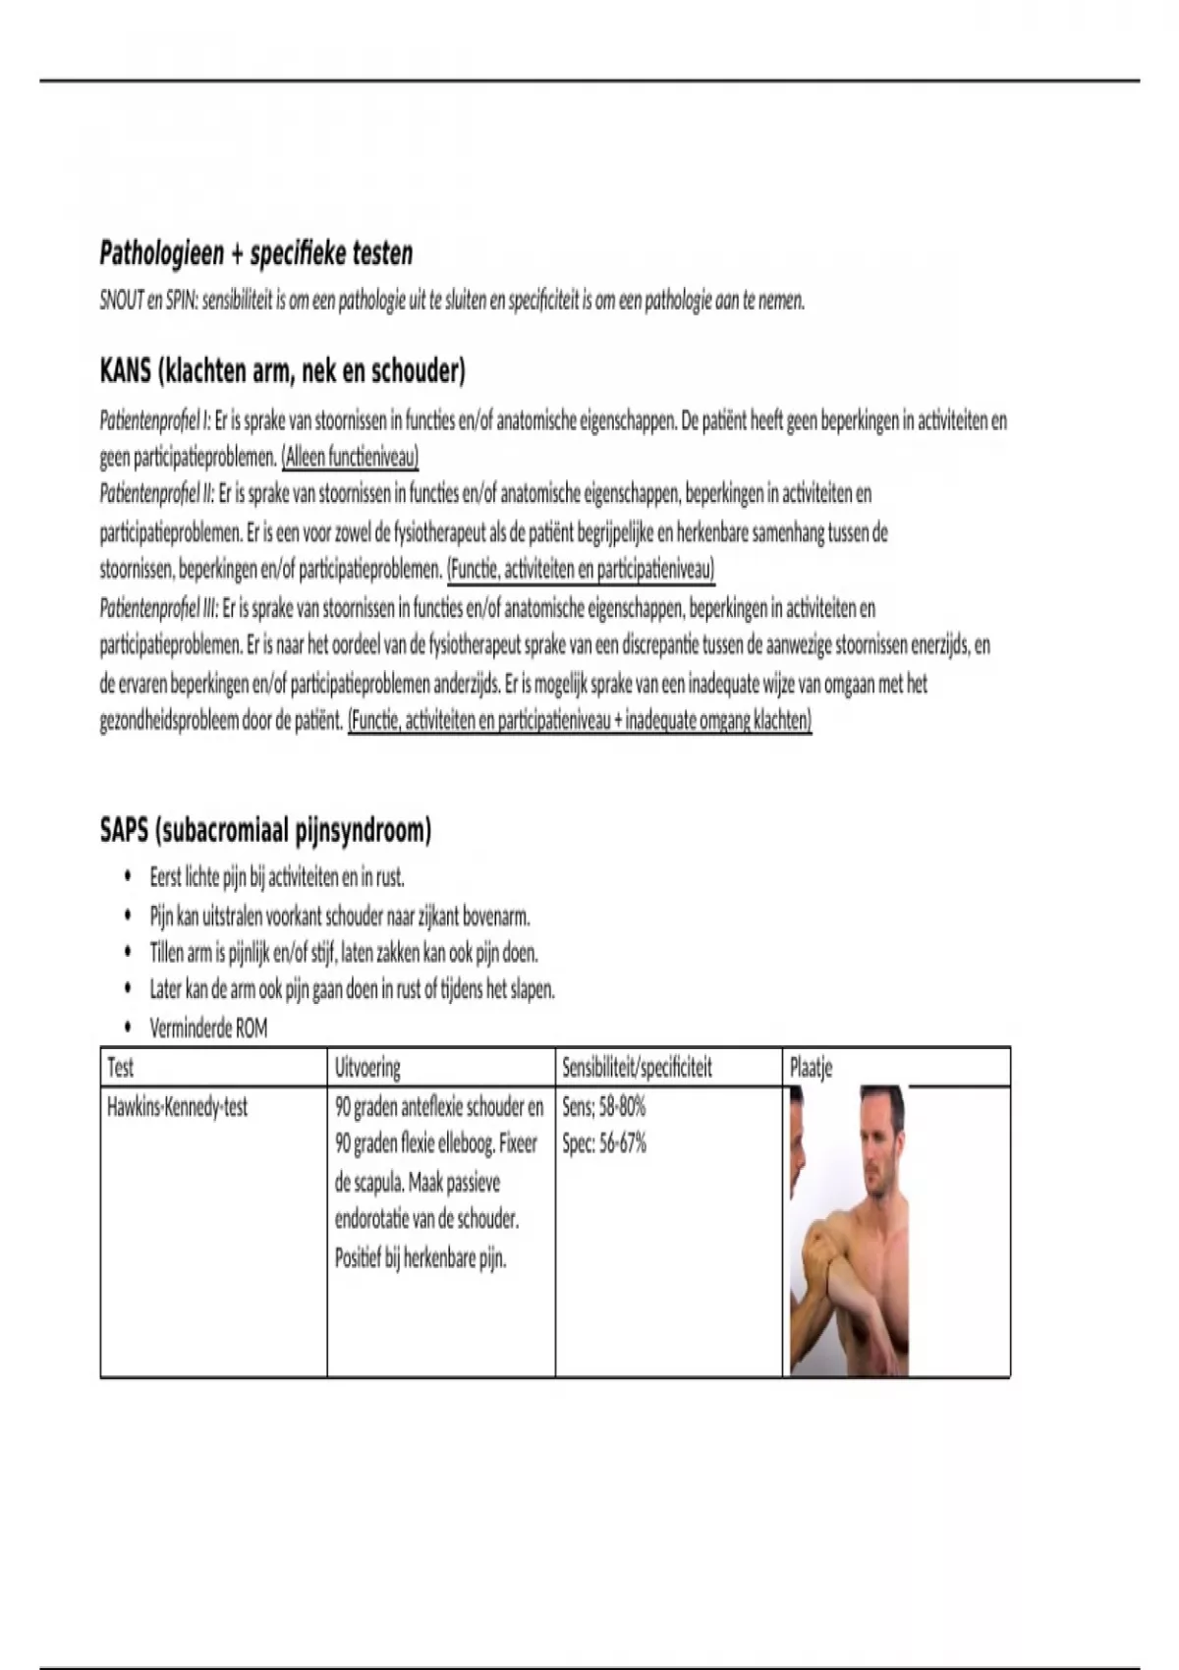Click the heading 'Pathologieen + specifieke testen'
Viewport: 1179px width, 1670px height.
(255, 253)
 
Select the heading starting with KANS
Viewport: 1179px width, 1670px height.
(282, 371)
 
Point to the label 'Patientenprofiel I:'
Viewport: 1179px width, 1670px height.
(155, 421)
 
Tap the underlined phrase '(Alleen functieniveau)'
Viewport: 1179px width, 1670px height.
(350, 458)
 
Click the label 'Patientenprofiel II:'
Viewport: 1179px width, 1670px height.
(157, 493)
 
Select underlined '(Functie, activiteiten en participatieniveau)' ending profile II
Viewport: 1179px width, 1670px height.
(580, 570)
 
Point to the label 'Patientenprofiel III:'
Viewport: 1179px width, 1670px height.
(159, 609)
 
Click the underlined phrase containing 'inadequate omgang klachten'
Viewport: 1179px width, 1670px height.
(580, 721)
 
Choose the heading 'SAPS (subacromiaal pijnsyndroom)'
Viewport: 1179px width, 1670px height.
(265, 831)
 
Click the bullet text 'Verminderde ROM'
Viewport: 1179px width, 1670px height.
(208, 1029)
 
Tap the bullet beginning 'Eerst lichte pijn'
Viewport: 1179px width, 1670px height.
(276, 876)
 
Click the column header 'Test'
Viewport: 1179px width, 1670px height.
(120, 1068)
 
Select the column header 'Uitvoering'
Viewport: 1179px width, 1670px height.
(367, 1068)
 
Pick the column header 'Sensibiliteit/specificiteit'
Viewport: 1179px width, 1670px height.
(637, 1068)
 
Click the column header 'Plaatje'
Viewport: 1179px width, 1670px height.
(811, 1068)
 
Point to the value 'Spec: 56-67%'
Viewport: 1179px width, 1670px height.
(604, 1144)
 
